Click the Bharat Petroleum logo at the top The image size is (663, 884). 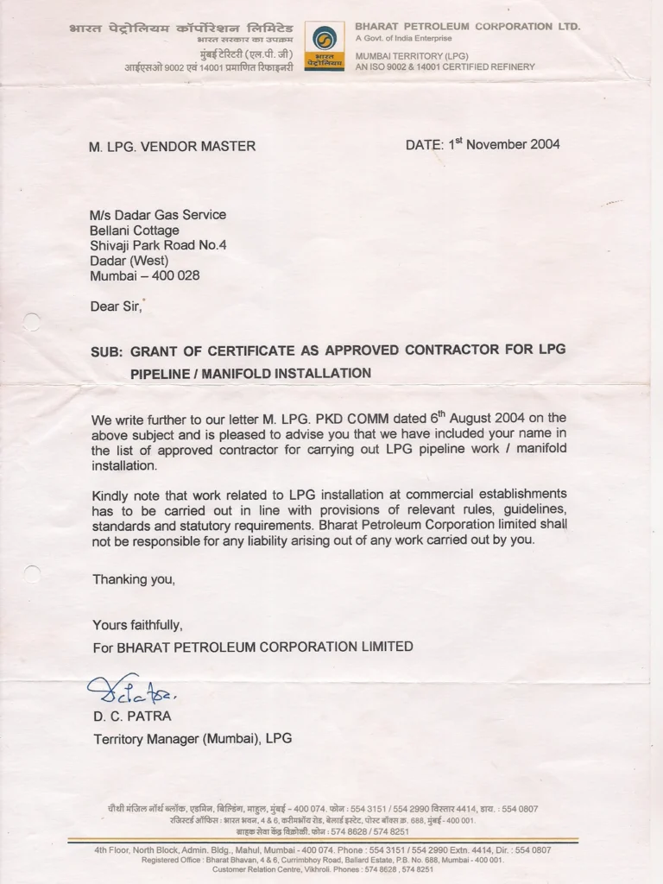(324, 46)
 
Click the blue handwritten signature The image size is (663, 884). (131, 688)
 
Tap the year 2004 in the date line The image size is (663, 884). (545, 144)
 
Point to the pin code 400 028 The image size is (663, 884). (176, 276)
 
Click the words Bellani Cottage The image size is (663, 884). (135, 230)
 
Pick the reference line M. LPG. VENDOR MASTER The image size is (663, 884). (172, 147)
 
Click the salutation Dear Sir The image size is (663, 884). (117, 306)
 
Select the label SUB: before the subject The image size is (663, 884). (108, 352)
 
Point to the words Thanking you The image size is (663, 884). (134, 579)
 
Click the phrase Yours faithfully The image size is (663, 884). (137, 625)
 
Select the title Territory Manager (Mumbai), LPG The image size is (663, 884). (193, 738)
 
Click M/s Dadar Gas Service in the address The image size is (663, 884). (158, 215)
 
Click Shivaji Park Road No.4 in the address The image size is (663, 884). (158, 245)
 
